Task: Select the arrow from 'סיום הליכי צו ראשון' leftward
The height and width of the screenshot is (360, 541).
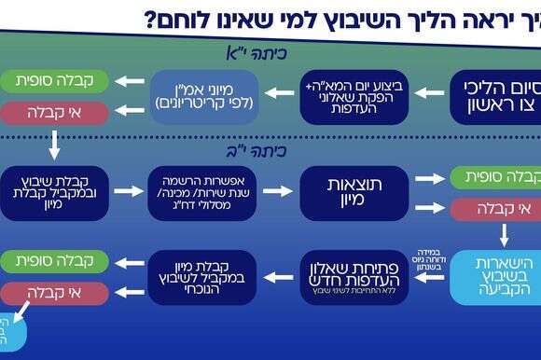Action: click(428, 93)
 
